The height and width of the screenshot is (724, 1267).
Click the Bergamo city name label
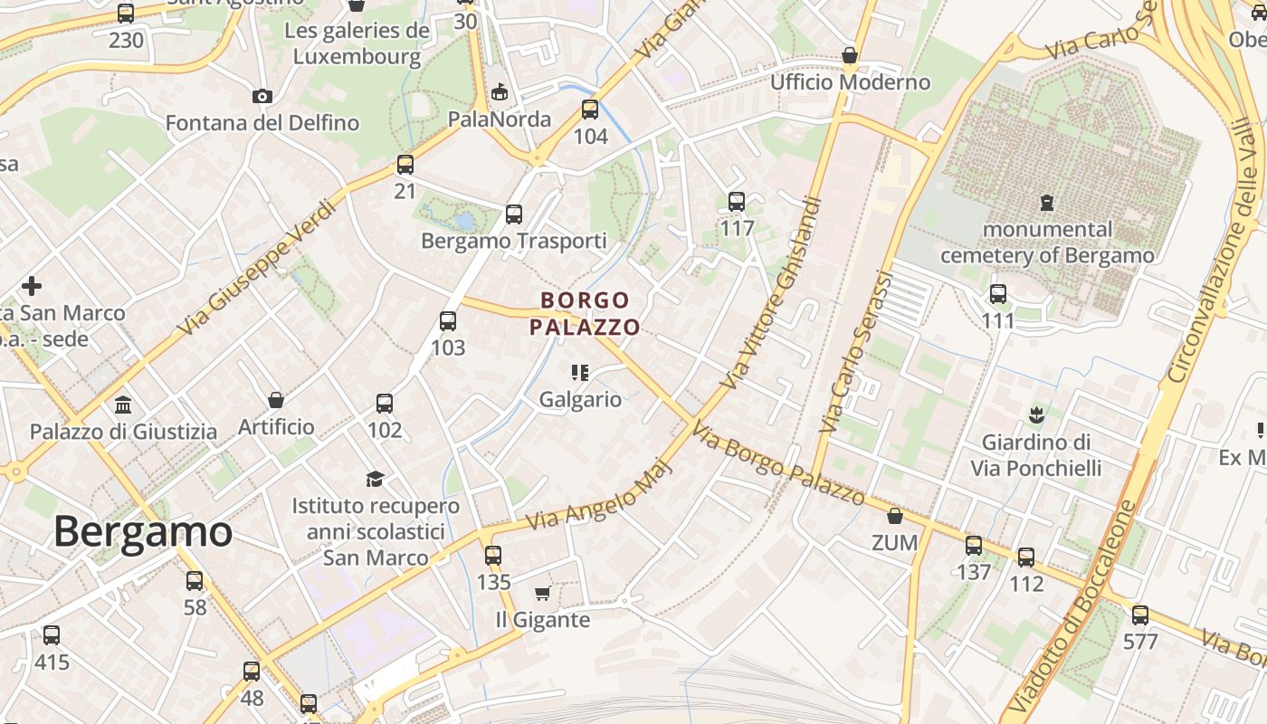[x=143, y=531]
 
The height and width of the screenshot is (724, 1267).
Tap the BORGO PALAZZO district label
[x=585, y=313]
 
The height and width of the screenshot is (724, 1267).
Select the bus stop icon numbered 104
[x=590, y=110]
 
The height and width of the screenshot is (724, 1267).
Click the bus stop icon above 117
[x=737, y=202]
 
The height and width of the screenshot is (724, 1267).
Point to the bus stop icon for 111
[x=997, y=294]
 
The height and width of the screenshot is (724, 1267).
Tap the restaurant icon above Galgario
[x=580, y=372]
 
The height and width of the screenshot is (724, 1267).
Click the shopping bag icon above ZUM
[x=895, y=516]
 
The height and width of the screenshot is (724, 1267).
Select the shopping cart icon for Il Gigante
[x=542, y=593]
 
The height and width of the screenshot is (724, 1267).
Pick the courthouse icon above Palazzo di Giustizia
[x=123, y=405]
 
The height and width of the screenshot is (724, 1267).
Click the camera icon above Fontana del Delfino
[x=262, y=96]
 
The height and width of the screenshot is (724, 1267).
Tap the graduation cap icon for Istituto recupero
[x=375, y=479]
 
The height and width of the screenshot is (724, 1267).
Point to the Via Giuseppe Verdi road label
[x=258, y=266]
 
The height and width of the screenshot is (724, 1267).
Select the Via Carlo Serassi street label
[x=855, y=351]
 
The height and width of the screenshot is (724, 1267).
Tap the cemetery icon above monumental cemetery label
[x=1047, y=201]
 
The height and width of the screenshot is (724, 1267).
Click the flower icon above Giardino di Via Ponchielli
[x=1035, y=415]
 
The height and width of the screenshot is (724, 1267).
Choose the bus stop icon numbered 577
[x=1139, y=615]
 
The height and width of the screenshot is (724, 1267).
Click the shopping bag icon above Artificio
[x=276, y=399]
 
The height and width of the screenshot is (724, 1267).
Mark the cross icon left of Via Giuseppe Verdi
[x=32, y=286]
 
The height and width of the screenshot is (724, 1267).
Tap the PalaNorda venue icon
[x=500, y=91]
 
